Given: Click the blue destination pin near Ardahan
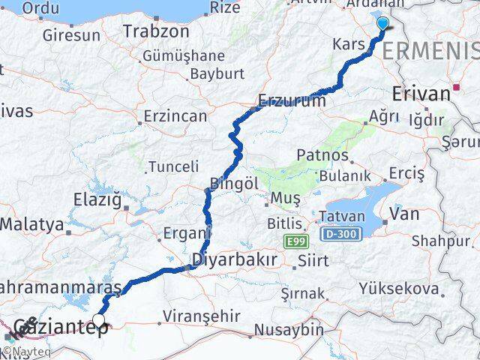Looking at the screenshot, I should (x=382, y=23).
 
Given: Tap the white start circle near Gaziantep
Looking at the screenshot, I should (x=98, y=320).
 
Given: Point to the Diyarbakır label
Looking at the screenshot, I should (x=235, y=260).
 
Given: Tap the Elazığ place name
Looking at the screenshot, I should (x=96, y=199).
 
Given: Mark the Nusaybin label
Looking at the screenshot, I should (x=288, y=328).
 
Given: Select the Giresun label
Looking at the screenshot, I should (x=71, y=35).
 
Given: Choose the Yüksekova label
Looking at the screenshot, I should (x=398, y=288).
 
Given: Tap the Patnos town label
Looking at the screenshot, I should (x=323, y=155).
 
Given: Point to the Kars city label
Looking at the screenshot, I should (x=351, y=44).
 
